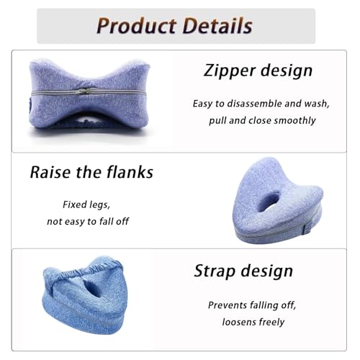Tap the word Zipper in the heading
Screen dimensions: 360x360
[x=229, y=71]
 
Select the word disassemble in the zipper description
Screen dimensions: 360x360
[x=255, y=103]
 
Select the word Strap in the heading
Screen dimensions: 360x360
[x=215, y=271]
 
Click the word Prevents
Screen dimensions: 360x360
[x=230, y=305]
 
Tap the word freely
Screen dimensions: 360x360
[x=271, y=322]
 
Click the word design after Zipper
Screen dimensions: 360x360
[x=286, y=71]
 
